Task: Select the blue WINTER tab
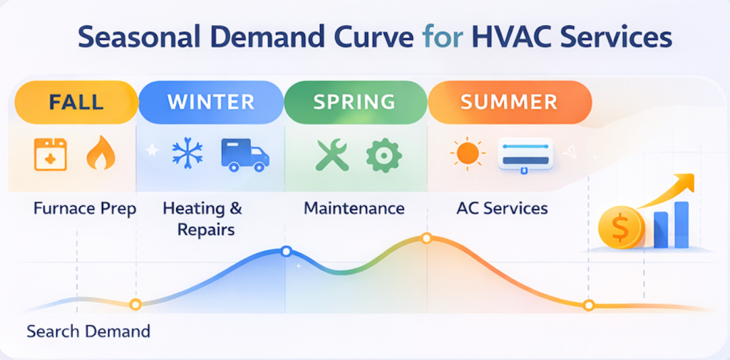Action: coord(210,101)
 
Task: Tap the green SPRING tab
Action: coord(354,101)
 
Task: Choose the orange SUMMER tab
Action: coord(508,101)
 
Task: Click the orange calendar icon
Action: coord(51,155)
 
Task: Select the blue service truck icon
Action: coord(244,155)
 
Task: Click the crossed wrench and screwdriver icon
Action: coord(332,155)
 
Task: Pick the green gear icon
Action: coord(384,155)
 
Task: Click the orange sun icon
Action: coord(468,153)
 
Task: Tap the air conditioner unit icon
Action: coord(525,153)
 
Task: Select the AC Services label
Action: coord(502,209)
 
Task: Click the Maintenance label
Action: coord(354,209)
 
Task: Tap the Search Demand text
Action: coord(88,331)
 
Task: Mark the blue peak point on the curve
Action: coord(286,251)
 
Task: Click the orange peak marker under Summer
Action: coord(426,238)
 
